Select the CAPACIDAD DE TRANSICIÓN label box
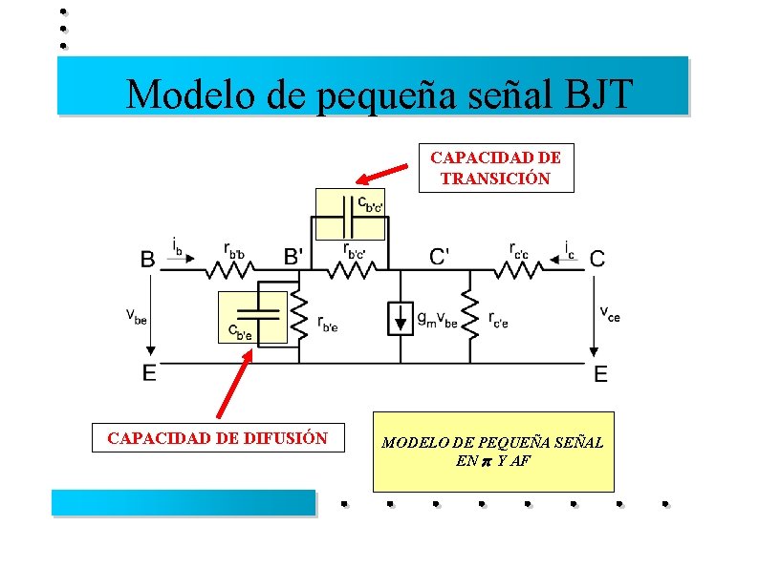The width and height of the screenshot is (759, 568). (496, 167)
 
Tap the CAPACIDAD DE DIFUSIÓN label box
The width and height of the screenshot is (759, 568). (218, 438)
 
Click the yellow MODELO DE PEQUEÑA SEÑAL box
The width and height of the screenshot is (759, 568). (492, 452)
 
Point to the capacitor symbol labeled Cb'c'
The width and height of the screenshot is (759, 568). (348, 222)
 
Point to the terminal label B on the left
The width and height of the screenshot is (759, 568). (149, 258)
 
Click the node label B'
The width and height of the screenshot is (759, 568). (295, 256)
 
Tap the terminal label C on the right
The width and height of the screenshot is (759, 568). (596, 258)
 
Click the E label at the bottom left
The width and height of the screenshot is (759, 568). (149, 373)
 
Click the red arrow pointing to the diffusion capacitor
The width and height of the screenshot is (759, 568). (235, 384)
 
